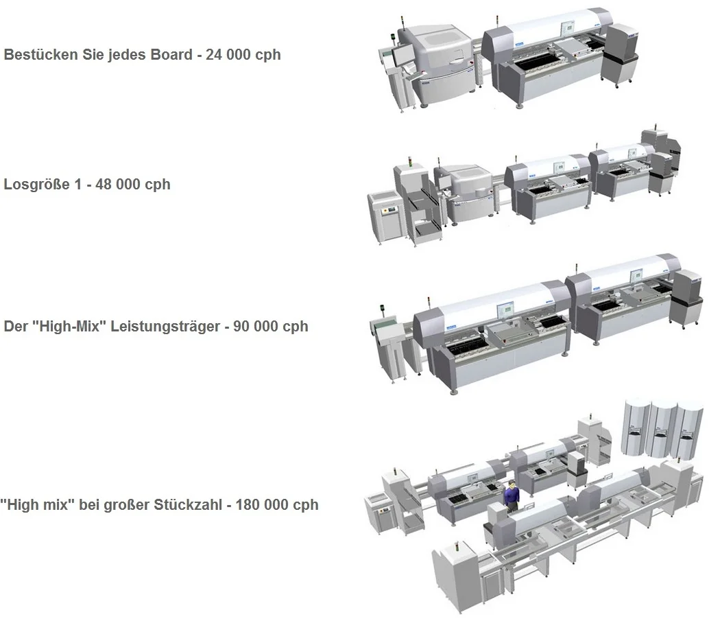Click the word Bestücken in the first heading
tap(40, 54)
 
